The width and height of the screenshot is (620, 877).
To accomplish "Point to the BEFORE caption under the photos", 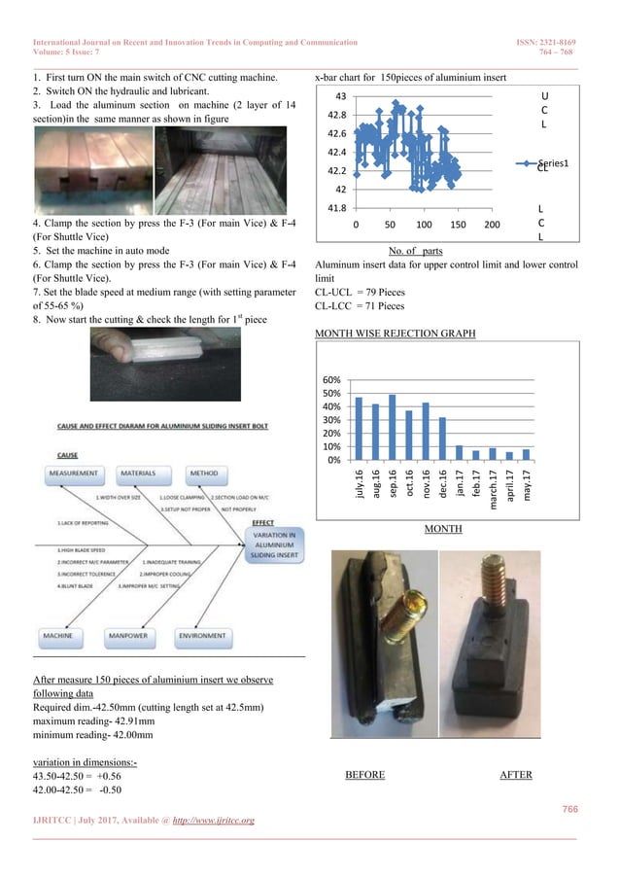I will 364,775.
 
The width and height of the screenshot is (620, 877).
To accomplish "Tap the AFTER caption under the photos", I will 516,775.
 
